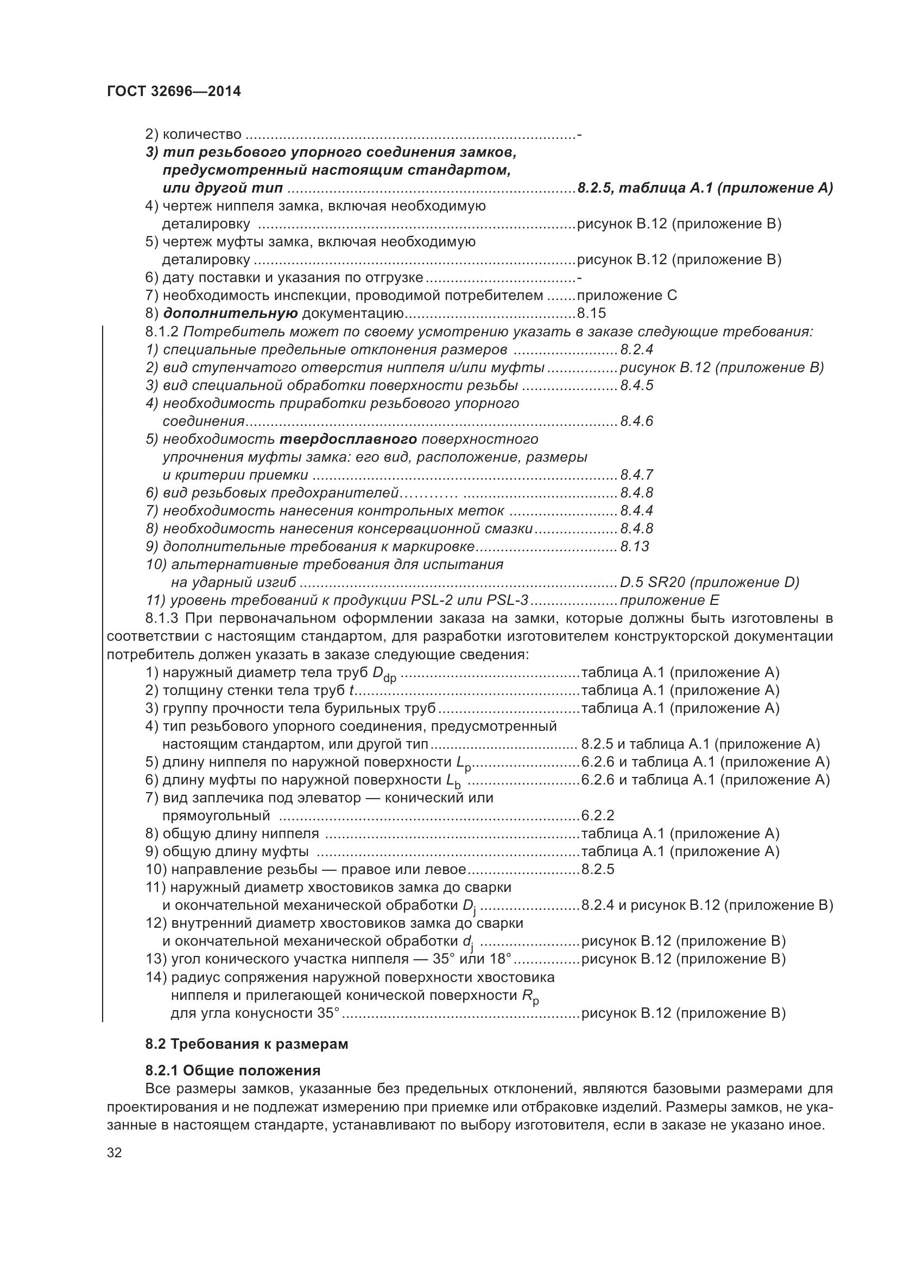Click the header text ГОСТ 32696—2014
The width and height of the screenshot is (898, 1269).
[x=174, y=92]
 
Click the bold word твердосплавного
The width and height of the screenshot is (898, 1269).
[x=348, y=439]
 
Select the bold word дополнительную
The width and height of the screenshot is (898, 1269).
[x=230, y=314]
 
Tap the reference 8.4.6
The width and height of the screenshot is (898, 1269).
[x=636, y=421]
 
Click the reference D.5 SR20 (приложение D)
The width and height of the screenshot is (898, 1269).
[x=710, y=582]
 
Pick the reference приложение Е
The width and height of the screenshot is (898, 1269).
[x=669, y=600]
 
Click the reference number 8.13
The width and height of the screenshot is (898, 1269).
[x=634, y=547]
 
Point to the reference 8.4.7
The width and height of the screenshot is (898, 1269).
[x=636, y=475]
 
